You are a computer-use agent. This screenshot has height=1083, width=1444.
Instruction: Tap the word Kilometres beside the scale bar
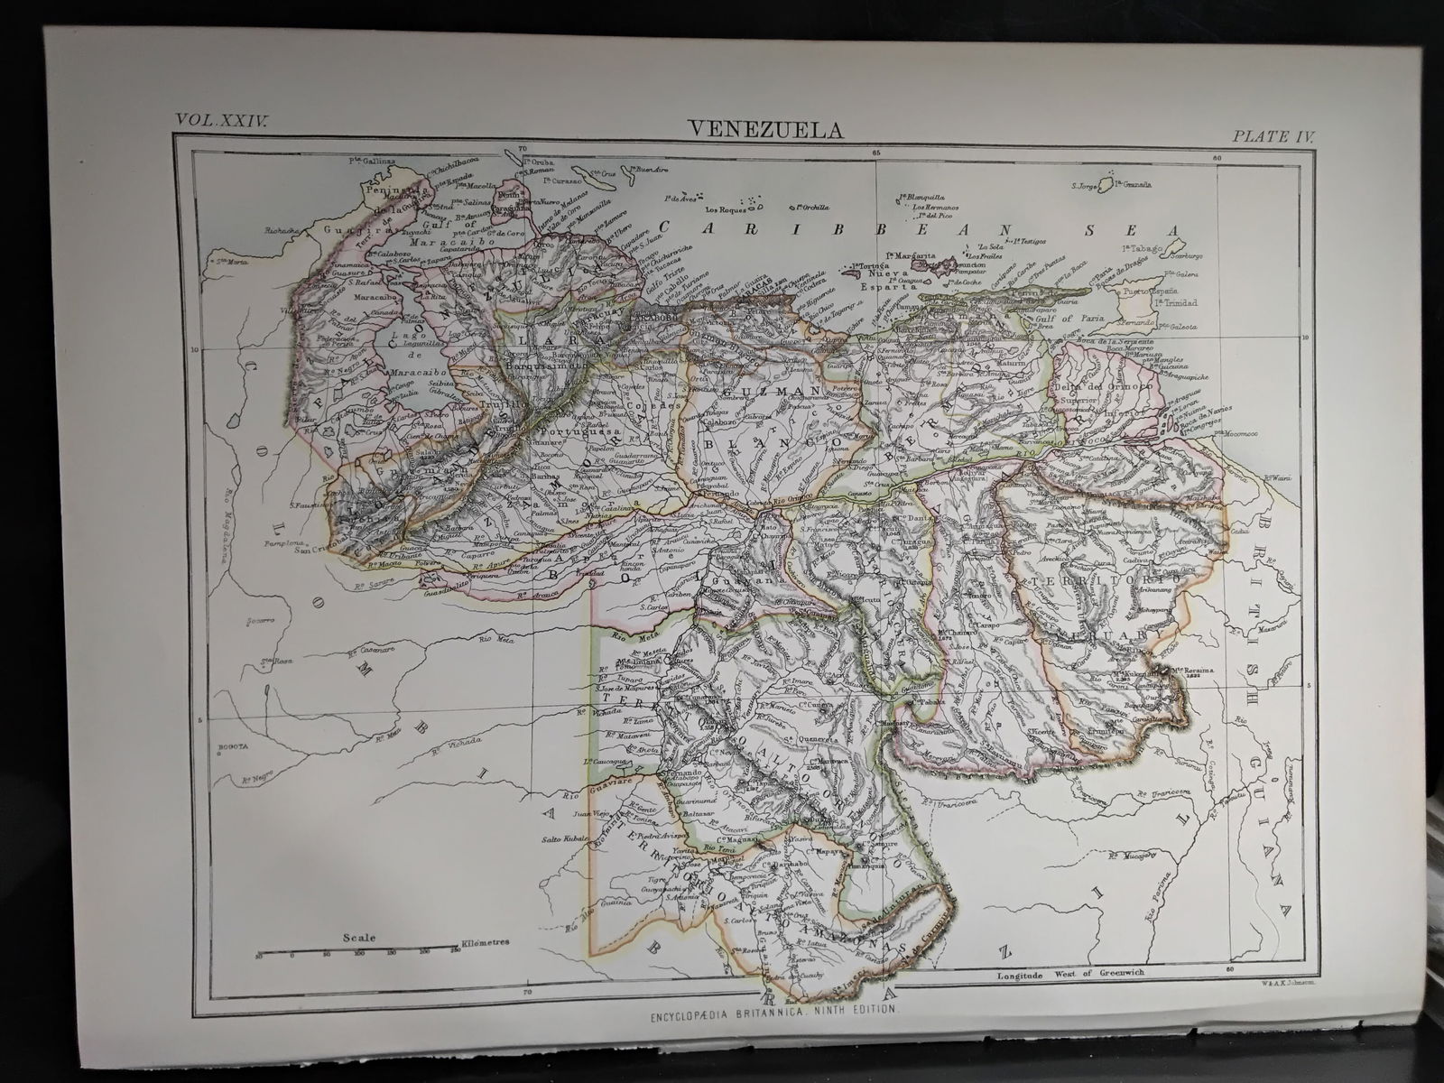click(x=486, y=942)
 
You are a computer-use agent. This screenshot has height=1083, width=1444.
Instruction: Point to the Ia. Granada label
click(x=1134, y=184)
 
